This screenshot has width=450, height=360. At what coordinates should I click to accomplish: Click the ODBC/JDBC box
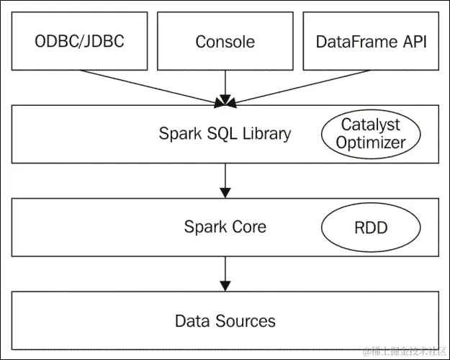click(79, 42)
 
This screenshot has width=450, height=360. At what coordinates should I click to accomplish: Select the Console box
click(225, 42)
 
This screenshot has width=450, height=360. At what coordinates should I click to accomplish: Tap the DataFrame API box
click(371, 42)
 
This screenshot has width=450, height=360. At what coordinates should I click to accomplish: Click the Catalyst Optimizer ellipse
click(370, 133)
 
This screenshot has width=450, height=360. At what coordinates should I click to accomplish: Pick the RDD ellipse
click(371, 228)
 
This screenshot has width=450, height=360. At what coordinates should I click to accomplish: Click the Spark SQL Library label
click(225, 133)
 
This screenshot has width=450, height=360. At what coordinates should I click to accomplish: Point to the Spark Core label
click(225, 227)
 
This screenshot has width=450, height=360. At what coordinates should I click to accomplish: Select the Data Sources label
click(225, 320)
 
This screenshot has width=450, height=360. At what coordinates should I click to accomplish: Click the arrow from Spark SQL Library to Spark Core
click(225, 180)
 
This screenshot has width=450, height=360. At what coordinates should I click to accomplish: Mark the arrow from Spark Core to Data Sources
click(225, 274)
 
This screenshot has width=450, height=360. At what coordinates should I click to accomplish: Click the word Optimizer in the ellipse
click(370, 143)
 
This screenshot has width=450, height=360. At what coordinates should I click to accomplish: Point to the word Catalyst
click(370, 124)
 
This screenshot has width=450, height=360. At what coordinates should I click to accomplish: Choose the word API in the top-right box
click(413, 42)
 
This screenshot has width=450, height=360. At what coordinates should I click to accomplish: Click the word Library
click(266, 133)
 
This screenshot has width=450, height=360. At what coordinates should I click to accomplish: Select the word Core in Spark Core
click(248, 227)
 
